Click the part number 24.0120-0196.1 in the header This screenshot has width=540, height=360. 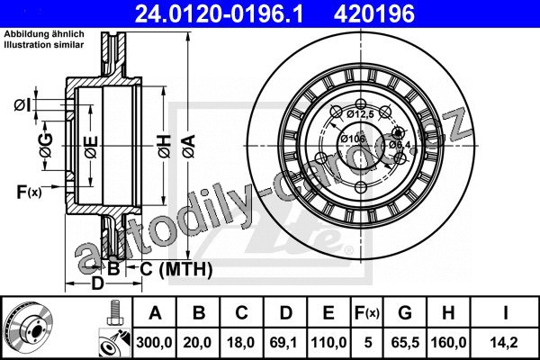[219, 14]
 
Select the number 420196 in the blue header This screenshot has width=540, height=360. [374, 14]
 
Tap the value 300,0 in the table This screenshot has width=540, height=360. [154, 343]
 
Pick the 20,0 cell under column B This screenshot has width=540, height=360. [197, 343]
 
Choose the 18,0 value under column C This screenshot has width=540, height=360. [240, 343]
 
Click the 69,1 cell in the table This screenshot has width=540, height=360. [284, 343]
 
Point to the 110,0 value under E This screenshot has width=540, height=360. [328, 343]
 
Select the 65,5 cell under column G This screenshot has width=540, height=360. [405, 343]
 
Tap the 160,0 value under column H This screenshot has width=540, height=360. [449, 343]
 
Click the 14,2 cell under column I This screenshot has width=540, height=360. [505, 343]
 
